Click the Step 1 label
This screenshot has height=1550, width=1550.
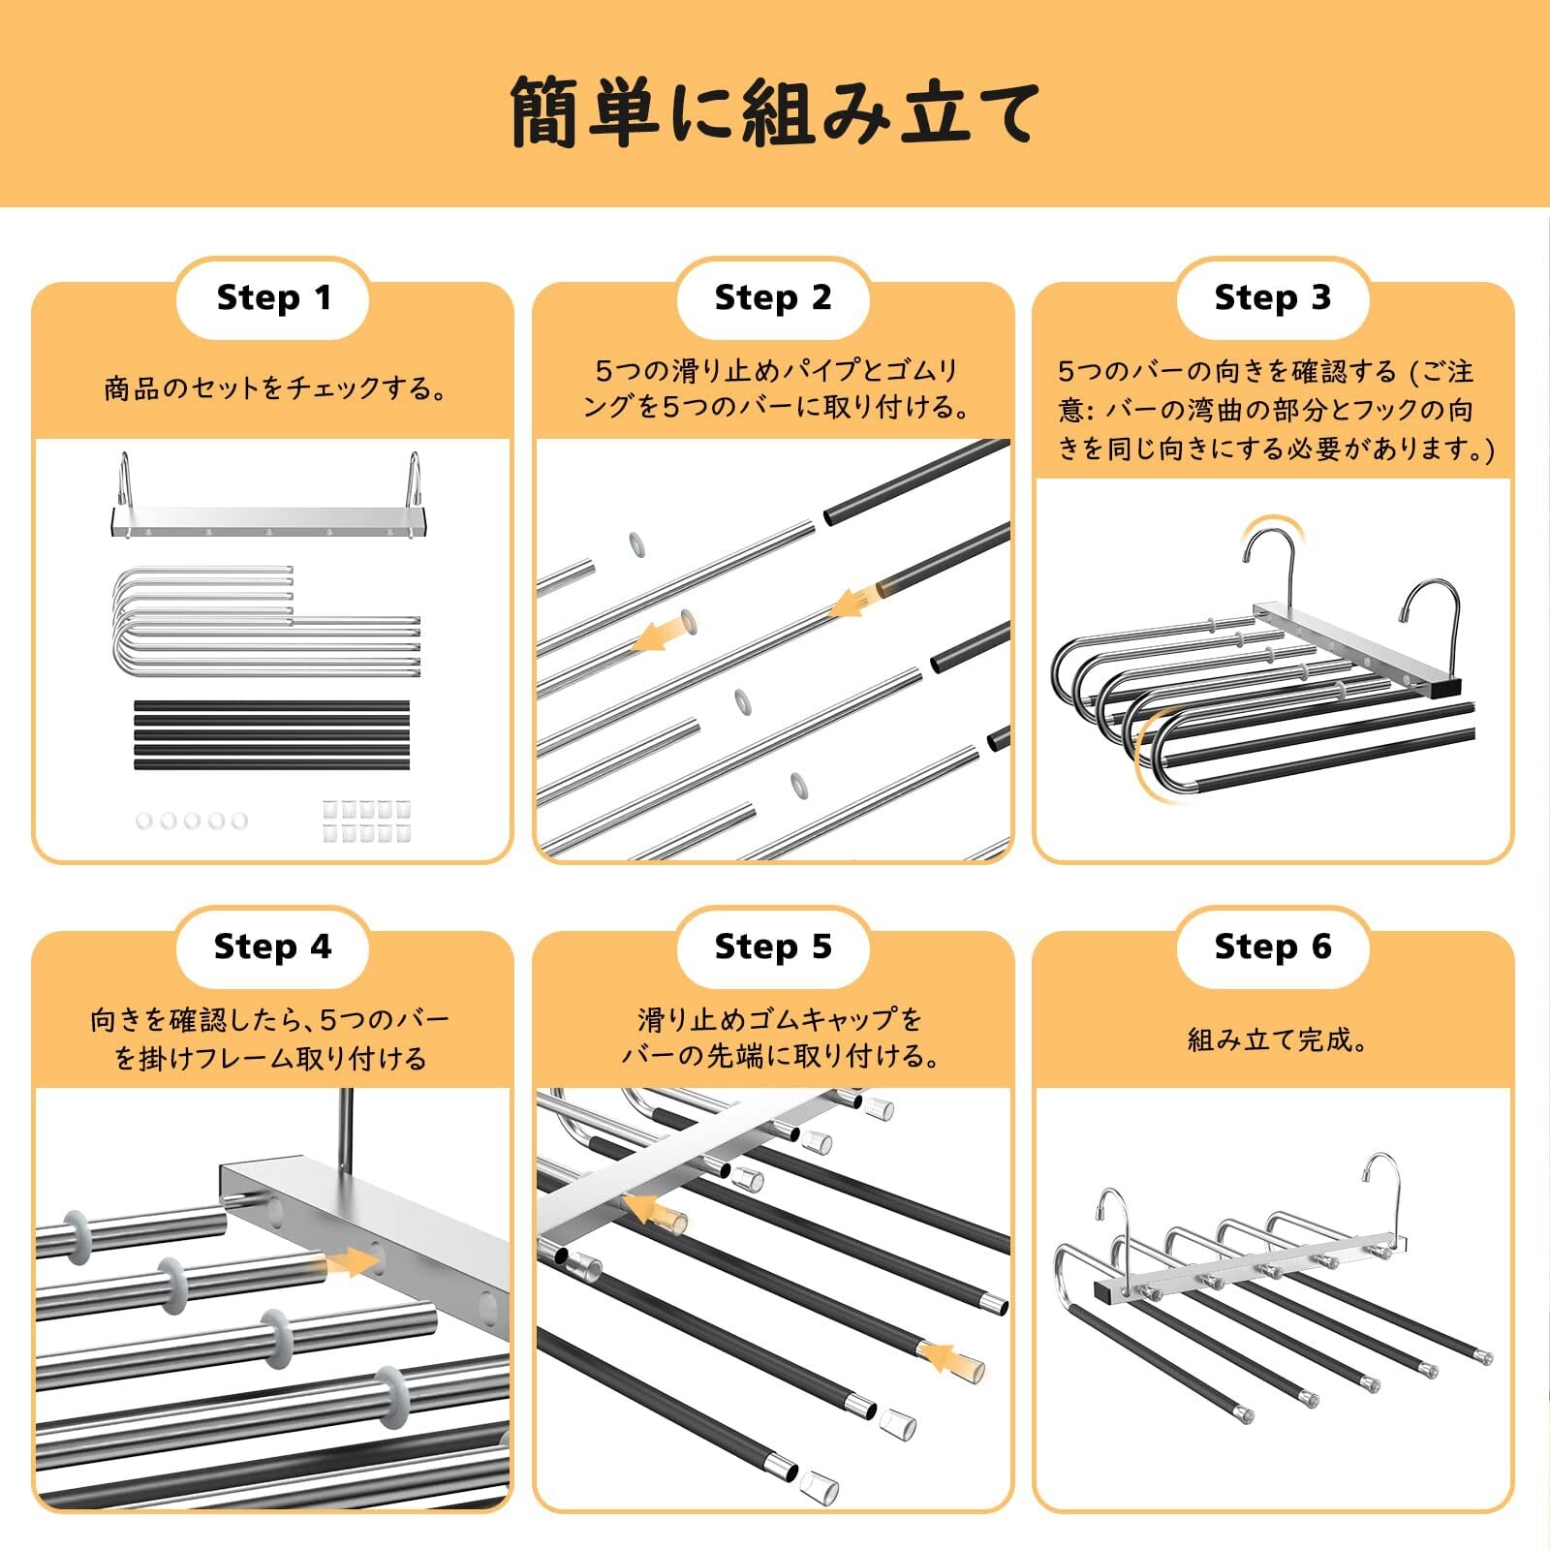pos(274,297)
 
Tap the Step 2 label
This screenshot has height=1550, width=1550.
pos(773,297)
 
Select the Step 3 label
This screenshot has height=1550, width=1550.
pos(1273,297)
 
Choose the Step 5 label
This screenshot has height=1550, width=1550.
pos(773,946)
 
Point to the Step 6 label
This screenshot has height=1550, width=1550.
pos(1273,946)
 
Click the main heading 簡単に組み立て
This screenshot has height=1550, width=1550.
pos(775,111)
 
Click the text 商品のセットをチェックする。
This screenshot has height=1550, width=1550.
pos(275,388)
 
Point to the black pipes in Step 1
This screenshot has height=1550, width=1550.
pos(271,734)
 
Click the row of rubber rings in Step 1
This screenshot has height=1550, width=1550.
pos(192,821)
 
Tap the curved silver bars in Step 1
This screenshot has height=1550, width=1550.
pos(266,621)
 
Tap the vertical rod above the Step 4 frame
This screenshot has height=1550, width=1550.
pos(346,1129)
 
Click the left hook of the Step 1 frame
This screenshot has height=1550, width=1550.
pos(124,481)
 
